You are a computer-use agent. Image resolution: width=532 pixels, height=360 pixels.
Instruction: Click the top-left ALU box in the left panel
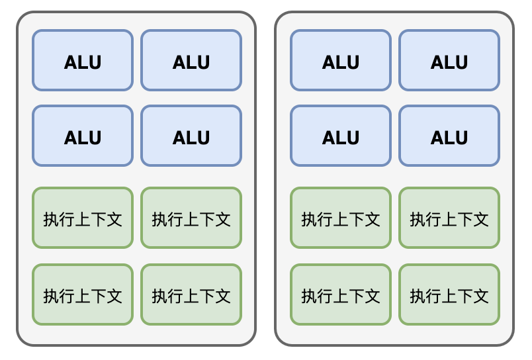coord(83,60)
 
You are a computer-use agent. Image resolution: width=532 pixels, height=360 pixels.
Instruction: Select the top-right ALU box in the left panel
coord(191,60)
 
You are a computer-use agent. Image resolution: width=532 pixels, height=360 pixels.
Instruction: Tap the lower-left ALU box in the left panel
coord(83,136)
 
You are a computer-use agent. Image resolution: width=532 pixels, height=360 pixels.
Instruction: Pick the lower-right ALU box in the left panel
coord(191,136)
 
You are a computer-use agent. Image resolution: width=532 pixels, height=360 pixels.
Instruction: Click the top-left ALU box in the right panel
coord(341,60)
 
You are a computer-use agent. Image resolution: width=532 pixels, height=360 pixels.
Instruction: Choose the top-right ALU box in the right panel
coord(449,60)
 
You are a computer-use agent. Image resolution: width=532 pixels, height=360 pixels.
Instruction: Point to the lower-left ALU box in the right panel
coord(341,136)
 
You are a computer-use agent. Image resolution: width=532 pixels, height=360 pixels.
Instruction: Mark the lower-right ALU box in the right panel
coord(449,136)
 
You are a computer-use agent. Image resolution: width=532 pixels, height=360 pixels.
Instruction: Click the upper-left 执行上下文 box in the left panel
coord(83,218)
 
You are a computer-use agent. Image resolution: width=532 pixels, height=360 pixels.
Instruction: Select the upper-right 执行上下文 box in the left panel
coord(191,218)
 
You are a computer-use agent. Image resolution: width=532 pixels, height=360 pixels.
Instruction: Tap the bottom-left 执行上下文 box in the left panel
coord(83,294)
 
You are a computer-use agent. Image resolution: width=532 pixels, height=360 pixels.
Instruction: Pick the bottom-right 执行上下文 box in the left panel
coord(191,294)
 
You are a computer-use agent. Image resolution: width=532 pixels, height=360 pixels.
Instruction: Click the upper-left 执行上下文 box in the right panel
coord(341,218)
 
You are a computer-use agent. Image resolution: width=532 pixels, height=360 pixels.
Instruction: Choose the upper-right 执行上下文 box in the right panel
coord(449,218)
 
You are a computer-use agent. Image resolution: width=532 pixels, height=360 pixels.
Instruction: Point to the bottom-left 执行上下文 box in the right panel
coord(341,294)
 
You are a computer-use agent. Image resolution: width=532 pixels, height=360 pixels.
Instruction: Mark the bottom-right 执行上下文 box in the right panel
coord(449,294)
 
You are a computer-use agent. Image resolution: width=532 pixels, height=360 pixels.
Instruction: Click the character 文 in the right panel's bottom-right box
coord(481,296)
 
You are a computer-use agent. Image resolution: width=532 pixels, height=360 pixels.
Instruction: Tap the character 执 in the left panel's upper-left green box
coord(51,220)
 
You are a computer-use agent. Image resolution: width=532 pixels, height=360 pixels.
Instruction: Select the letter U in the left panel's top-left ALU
coord(95,62)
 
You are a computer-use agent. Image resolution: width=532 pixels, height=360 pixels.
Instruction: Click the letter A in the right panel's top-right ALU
coord(437,62)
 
